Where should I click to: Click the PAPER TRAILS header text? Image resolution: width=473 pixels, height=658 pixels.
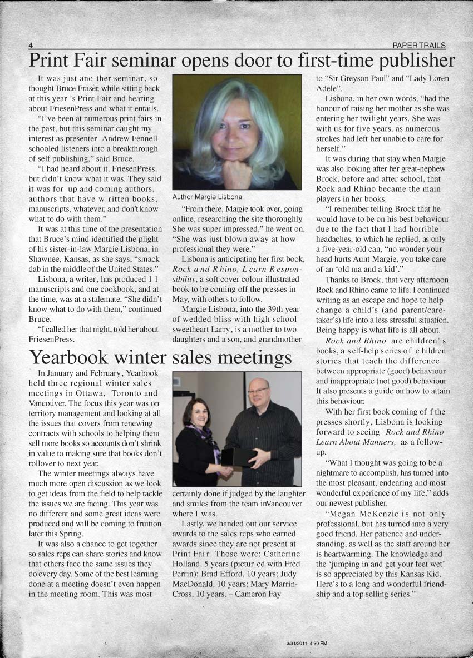pos(418,45)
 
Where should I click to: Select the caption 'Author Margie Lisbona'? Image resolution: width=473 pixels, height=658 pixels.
pos(207,197)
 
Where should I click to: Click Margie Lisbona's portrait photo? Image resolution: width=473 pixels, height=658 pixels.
pos(237,132)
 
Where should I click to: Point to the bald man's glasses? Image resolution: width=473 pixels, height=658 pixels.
pos(258,391)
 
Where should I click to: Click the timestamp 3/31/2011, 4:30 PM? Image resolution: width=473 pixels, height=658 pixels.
pos(307,643)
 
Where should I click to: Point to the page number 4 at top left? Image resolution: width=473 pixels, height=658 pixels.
pos(31,45)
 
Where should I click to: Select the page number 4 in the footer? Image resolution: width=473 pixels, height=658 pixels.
pos(105,643)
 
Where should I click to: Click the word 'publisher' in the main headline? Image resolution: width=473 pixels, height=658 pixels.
pos(408,60)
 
